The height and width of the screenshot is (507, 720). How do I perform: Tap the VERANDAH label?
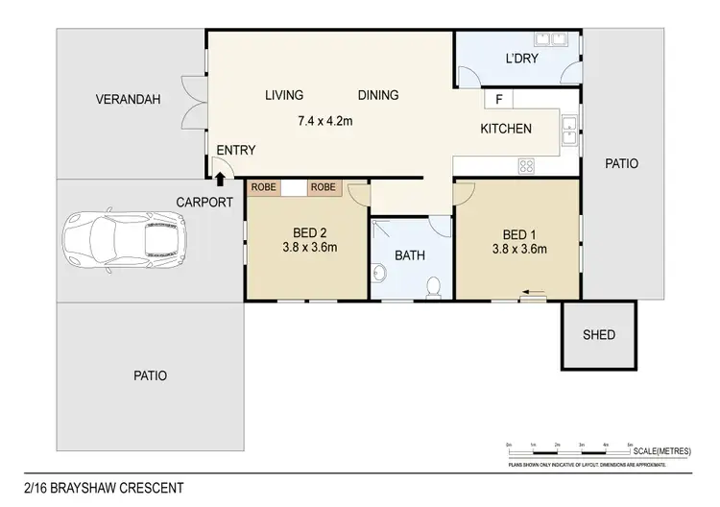click(x=127, y=99)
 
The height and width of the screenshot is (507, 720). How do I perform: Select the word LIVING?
click(x=284, y=95)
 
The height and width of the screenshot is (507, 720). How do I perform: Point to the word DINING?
click(x=378, y=95)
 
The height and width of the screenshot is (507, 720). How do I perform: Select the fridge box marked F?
click(x=499, y=99)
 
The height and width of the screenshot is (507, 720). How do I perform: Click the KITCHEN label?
click(x=506, y=129)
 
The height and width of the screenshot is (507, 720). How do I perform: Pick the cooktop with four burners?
click(x=526, y=165)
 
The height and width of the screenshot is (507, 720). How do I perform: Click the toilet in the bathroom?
click(x=434, y=286)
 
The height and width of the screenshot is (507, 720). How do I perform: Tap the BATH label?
click(x=410, y=256)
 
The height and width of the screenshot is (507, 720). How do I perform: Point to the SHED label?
click(x=598, y=335)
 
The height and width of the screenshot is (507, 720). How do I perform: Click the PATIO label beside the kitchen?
click(x=621, y=163)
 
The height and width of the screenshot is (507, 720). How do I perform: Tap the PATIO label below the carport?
click(x=149, y=375)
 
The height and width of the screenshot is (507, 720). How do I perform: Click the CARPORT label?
click(x=204, y=202)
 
